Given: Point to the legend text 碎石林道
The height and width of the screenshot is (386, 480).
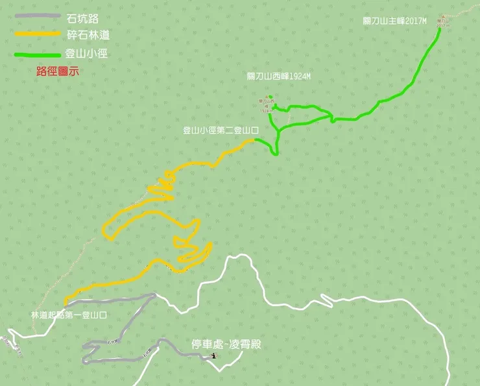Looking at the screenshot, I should pyautogui.click(x=86, y=36).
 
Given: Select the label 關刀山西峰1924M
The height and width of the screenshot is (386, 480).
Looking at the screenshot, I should pyautogui.click(x=279, y=76).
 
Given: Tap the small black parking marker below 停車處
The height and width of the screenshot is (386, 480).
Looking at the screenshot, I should pyautogui.click(x=213, y=356).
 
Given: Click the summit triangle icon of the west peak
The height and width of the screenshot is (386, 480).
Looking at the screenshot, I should pyautogui.click(x=271, y=98).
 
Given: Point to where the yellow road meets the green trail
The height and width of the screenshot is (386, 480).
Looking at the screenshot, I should pyautogui.click(x=256, y=140).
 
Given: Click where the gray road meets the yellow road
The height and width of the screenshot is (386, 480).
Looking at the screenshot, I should pyautogui.click(x=66, y=302).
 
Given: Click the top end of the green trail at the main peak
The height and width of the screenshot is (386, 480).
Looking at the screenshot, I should pyautogui.click(x=440, y=29).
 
